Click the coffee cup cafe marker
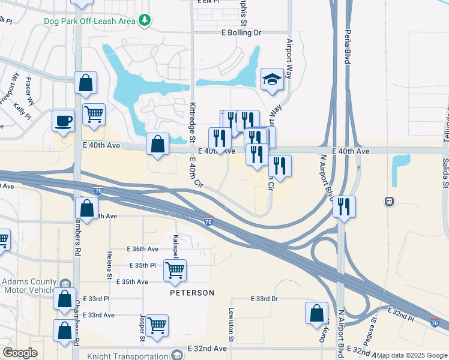click(63, 121)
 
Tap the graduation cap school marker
click(272, 80)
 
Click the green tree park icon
click(145, 21)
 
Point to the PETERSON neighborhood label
click(191, 293)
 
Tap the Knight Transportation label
click(127, 355)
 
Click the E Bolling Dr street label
click(241, 32)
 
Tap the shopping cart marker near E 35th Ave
click(175, 271)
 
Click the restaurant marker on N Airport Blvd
click(344, 207)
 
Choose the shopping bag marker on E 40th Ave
click(157, 145)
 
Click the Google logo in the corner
click(20, 353)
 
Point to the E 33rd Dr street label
click(265, 299)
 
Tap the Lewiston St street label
click(231, 320)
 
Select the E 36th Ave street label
click(143, 249)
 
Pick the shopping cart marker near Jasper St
click(157, 326)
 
